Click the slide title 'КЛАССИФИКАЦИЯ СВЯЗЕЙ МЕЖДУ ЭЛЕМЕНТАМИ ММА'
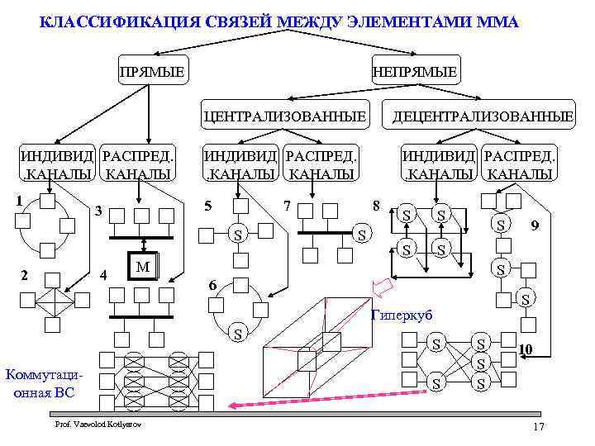tap(279, 21)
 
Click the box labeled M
tap(143, 266)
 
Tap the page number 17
tap(539, 426)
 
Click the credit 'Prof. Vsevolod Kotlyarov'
tap(98, 424)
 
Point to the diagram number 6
tap(212, 285)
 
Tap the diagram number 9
tap(535, 224)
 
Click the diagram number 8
tap(376, 204)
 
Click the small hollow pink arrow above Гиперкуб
tap(382, 288)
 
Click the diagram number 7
tap(287, 204)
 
